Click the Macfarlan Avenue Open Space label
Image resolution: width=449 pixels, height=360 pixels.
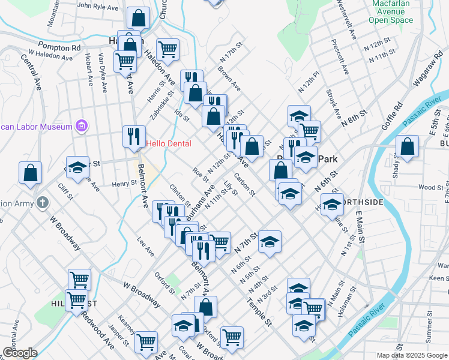click(391, 11)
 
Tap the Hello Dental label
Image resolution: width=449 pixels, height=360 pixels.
click(169, 144)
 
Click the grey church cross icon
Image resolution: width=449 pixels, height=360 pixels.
click(42, 202)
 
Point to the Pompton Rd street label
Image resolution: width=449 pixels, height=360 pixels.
click(59, 47)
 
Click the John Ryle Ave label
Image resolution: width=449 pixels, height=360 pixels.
click(98, 7)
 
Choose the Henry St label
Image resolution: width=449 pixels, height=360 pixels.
click(125, 184)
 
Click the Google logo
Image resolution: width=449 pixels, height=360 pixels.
click(20, 353)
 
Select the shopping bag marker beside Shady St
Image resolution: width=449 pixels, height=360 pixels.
click(408, 147)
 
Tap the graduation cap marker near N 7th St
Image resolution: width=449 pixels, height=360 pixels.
click(270, 241)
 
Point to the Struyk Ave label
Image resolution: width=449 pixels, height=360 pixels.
click(333, 103)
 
